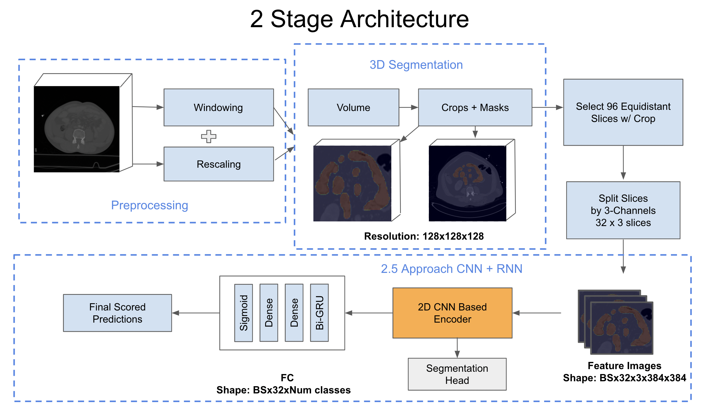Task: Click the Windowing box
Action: [218, 107]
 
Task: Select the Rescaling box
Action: [218, 164]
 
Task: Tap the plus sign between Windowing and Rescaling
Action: [209, 136]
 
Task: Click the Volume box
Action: [353, 107]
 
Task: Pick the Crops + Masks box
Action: [475, 107]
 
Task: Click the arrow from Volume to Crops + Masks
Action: [408, 107]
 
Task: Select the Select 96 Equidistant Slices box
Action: [623, 112]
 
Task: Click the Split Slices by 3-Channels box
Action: [623, 210]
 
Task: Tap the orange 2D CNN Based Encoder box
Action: [452, 313]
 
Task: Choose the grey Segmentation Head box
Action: [457, 374]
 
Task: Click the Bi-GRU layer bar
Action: [319, 313]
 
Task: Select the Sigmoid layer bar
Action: [243, 313]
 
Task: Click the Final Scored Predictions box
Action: [117, 313]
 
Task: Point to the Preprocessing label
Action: [149, 205]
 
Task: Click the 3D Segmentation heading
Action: [416, 65]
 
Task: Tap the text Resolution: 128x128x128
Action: [424, 236]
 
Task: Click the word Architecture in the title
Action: [404, 19]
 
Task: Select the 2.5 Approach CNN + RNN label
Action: [451, 269]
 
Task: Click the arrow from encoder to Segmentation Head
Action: [457, 348]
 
